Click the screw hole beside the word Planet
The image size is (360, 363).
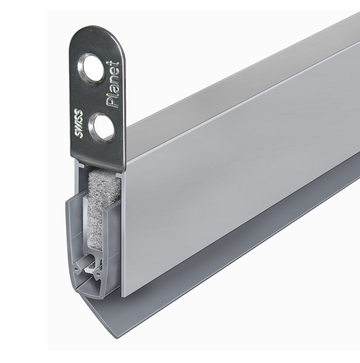tap(91, 67)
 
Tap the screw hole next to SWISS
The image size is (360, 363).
tap(102, 127)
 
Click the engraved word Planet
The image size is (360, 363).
tap(112, 84)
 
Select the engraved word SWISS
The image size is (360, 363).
tap(78, 124)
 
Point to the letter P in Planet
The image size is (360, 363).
tap(112, 102)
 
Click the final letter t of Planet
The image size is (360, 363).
tap(113, 64)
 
